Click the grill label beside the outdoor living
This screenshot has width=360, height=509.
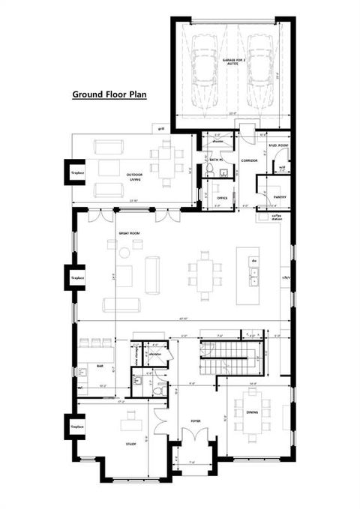point(161,129)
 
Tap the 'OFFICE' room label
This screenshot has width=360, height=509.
point(222,198)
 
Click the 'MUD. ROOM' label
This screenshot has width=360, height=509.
point(278,135)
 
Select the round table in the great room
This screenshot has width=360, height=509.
point(124,253)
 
